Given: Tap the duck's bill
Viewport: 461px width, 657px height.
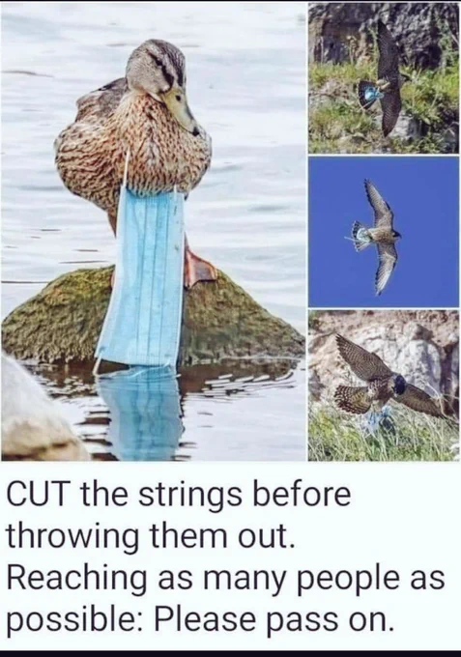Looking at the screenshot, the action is coord(183,112).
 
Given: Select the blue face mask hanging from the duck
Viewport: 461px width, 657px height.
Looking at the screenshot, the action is coord(141,276).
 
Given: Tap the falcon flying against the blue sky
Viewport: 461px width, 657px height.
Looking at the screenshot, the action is coord(377,235).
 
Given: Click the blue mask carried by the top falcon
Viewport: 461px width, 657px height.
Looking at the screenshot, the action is coord(370,93).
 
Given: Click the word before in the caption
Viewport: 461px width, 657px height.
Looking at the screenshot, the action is coord(300,495).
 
